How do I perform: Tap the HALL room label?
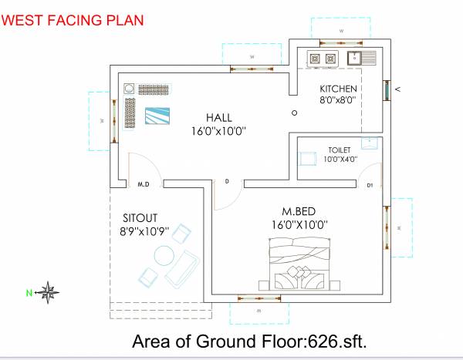click(219, 117)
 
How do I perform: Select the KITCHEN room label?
click(339, 88)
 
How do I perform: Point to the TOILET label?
click(340, 150)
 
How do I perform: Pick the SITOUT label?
click(142, 217)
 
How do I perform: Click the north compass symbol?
click(49, 292)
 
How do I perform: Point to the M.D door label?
click(143, 185)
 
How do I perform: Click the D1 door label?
click(370, 185)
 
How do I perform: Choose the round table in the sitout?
click(164, 254)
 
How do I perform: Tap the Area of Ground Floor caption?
click(248, 341)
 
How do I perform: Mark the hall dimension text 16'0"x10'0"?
click(219, 131)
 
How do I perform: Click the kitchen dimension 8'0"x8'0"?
click(336, 100)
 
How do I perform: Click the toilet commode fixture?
click(308, 158)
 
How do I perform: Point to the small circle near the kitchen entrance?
click(295, 113)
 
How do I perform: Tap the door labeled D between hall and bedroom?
click(227, 182)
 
